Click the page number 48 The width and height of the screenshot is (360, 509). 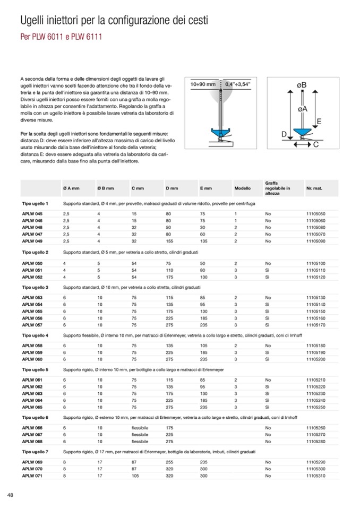coord(10,495)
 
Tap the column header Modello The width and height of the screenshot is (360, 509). coord(242,188)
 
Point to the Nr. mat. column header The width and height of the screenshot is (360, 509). coord(314,188)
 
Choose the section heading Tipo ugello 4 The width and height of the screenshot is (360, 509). coord(35,335)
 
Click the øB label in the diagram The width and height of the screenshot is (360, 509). coord(301,85)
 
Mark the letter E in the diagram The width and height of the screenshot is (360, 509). coord(319,122)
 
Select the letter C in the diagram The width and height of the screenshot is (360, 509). coord(315,144)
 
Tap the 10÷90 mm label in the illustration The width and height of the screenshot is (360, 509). coord(203,84)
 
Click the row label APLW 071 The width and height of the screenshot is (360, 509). coord(32,476)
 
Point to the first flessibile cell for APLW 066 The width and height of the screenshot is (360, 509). coord(140,427)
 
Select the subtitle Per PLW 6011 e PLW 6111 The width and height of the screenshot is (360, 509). coord(61,38)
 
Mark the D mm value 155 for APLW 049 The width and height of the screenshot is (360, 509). coord(170,240)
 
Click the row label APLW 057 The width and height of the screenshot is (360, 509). coord(32,324)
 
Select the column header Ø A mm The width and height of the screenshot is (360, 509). coord(71,188)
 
